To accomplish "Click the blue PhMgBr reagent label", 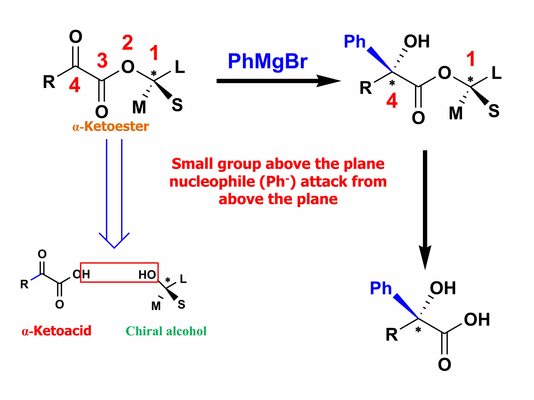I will coord(268,62).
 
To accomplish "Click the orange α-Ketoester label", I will coord(111,127).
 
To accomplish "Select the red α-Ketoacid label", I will coord(57,331).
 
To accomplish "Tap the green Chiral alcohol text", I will coord(166,331).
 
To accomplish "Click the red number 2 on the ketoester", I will coord(128,43).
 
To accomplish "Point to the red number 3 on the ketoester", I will coord(102,60).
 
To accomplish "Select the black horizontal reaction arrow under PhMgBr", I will coord(276,81).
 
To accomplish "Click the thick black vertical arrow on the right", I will coord(425,208).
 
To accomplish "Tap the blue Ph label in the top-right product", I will coord(355,42).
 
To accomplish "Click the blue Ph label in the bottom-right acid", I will coord(381,288).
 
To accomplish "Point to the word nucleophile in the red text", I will coord(212,182).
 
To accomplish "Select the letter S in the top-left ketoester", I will coord(177,105).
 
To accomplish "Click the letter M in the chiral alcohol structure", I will coord(156,306).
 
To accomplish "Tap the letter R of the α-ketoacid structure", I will coord(24,284).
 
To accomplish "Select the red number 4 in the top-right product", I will coord(392,101).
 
